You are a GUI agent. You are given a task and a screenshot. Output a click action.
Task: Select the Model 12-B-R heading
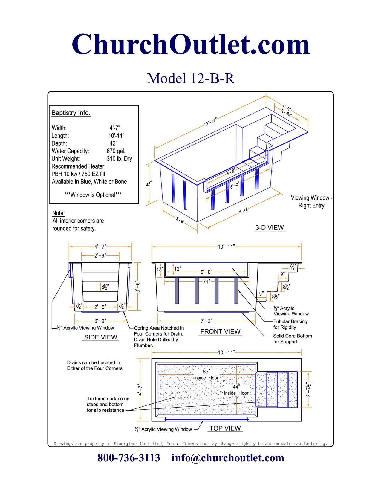191,78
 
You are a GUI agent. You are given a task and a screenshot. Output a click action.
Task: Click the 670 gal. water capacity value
116,151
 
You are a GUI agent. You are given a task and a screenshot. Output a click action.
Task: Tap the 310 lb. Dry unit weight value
119,159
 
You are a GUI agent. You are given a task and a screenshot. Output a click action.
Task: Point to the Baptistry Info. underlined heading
71,113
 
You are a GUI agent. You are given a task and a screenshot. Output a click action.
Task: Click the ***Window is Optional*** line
93,195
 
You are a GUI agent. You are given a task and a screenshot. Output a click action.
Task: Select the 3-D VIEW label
270,227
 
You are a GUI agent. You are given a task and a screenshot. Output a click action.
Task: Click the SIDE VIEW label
101,337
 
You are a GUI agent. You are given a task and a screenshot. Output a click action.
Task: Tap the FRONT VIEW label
220,331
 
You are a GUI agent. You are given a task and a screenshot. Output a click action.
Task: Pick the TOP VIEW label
225,428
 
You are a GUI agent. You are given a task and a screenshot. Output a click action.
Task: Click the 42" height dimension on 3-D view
149,184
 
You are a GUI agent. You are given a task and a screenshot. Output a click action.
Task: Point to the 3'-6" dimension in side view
137,286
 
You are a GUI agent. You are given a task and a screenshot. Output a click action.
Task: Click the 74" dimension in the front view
206,281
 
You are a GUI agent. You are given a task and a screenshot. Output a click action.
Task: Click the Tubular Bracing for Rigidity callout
290,324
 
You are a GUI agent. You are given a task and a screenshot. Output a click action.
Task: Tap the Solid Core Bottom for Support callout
292,339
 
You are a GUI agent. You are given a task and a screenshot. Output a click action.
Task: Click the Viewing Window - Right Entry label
311,201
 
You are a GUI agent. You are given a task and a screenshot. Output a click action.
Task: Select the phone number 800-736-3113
129,458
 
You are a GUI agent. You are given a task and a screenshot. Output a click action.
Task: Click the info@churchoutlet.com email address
228,458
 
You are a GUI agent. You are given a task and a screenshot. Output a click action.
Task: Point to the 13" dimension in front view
160,269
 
